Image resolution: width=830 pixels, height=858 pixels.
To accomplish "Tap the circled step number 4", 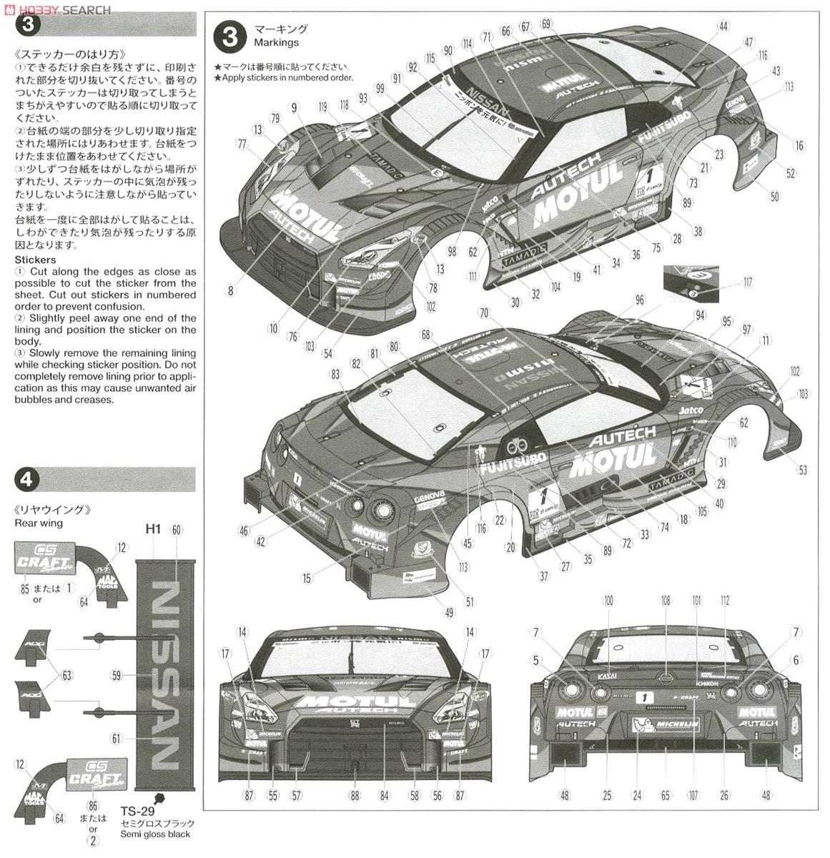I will point(26,479).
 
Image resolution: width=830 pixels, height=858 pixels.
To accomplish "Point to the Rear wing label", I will point(38,523).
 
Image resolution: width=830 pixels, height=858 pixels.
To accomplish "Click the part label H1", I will point(153,529).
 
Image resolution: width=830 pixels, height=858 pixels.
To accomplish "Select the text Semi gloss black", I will point(155,834).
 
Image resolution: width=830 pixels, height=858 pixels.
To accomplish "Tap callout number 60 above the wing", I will point(177,530).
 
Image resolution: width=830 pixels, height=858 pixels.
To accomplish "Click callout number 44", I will point(723,26).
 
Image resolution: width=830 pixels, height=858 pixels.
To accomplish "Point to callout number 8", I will point(230,291).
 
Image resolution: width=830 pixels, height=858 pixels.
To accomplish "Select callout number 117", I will point(747,282).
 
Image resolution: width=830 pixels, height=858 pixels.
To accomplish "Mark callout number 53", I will point(803,470).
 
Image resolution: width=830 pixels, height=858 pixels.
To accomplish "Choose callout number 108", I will point(666,601).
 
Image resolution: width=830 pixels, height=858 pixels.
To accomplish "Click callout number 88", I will point(355,795).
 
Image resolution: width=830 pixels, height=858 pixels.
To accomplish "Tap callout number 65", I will point(665,795).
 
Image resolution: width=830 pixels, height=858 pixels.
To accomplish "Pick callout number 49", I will point(449,613).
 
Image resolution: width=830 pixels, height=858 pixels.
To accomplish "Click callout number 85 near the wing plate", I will point(24,589).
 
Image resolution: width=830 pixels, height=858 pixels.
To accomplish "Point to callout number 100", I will point(608,601).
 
